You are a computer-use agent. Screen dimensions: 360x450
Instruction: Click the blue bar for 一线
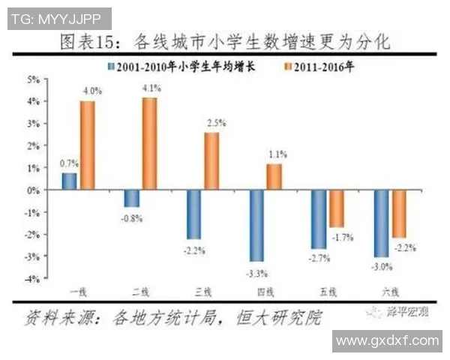(x=69, y=181)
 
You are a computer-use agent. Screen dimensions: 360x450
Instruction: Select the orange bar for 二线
(x=149, y=144)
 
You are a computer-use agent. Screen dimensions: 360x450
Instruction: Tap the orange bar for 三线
(x=211, y=161)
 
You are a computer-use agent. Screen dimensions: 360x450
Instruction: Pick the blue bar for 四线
(x=256, y=226)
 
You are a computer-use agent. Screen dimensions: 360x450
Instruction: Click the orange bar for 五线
(x=336, y=208)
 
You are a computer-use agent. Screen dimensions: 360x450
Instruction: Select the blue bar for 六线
(x=382, y=223)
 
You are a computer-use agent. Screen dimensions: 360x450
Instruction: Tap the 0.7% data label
(x=69, y=163)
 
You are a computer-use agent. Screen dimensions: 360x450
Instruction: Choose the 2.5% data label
(x=214, y=122)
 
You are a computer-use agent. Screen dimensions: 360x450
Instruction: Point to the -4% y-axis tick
(x=34, y=279)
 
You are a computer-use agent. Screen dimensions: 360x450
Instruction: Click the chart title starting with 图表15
(x=225, y=40)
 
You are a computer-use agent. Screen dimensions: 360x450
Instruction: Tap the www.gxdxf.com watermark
(x=387, y=340)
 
